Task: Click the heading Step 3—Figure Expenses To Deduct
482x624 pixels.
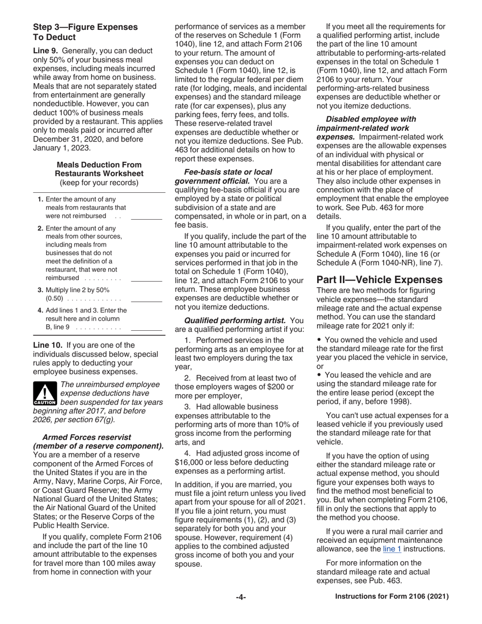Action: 85,31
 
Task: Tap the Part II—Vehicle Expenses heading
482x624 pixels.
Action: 379,280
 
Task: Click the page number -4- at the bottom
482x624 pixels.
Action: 240,597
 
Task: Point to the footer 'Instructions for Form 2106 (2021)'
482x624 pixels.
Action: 392,597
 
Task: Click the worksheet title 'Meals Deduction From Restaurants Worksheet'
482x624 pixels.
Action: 99,169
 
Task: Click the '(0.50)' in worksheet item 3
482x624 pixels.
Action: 54,299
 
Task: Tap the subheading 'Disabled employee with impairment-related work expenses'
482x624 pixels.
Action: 370,123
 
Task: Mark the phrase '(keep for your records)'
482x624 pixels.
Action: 99,182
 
